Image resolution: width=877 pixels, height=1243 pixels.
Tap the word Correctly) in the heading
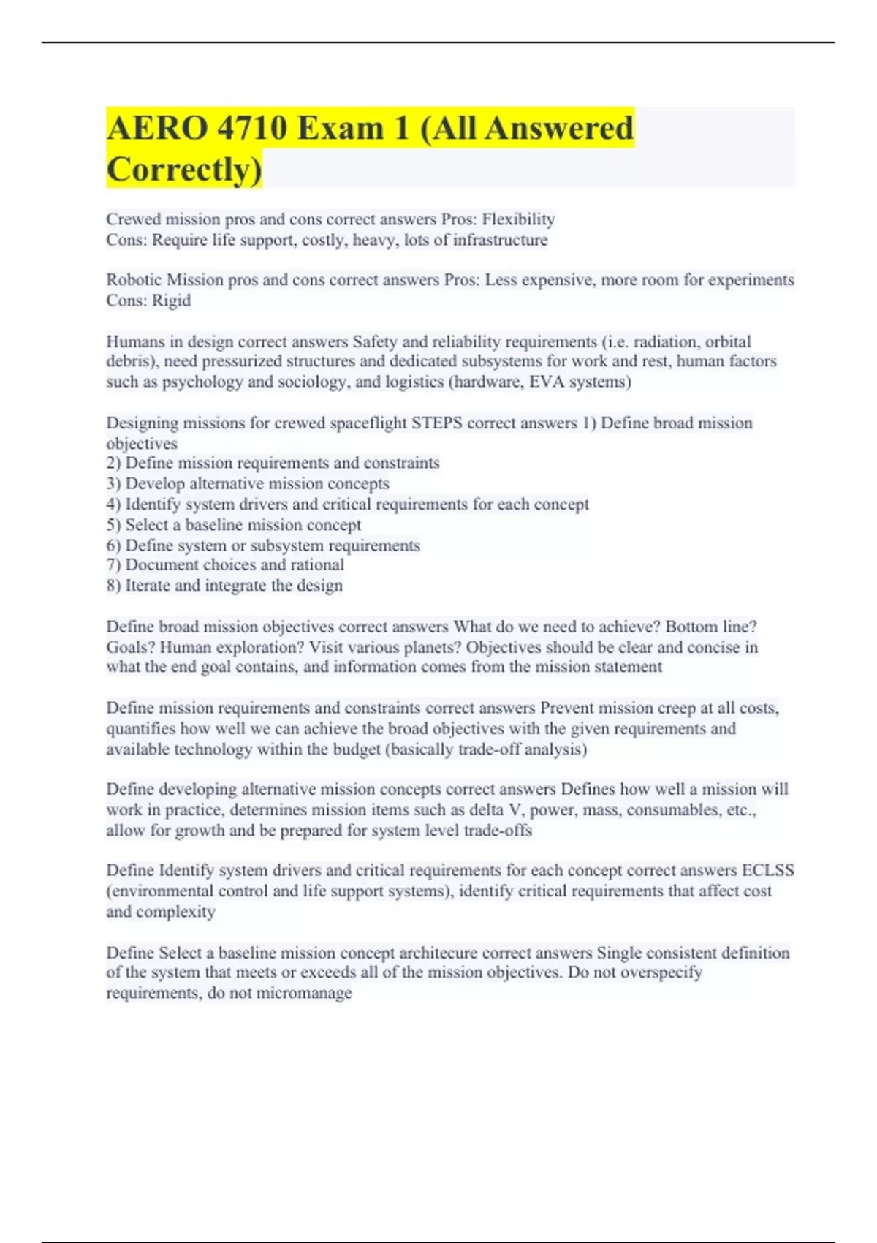[183, 170]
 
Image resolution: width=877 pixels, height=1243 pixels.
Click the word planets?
[431, 647]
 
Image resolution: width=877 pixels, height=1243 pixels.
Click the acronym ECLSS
[767, 870]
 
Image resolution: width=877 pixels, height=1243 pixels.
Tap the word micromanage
[303, 993]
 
